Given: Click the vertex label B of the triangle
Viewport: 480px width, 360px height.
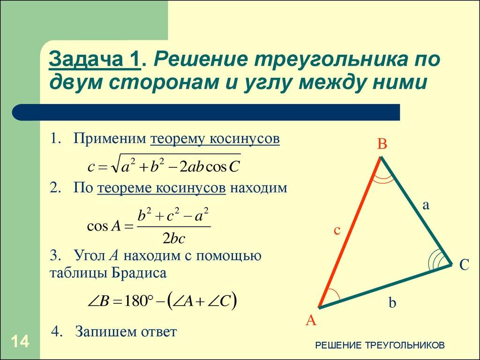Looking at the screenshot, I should click(382, 145).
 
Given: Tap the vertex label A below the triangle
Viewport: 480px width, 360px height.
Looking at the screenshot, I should click(311, 321).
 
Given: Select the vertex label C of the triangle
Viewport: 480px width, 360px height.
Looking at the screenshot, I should click(464, 265).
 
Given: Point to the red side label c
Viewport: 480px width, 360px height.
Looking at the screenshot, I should click(337, 230).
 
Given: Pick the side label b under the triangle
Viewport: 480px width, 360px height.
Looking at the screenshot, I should click(392, 303).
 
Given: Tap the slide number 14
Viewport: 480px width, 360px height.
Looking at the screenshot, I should click(19, 341).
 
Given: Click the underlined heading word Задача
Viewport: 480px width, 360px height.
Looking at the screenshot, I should click(88, 60).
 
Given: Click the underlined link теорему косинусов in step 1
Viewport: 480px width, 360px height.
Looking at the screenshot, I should click(215, 139).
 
